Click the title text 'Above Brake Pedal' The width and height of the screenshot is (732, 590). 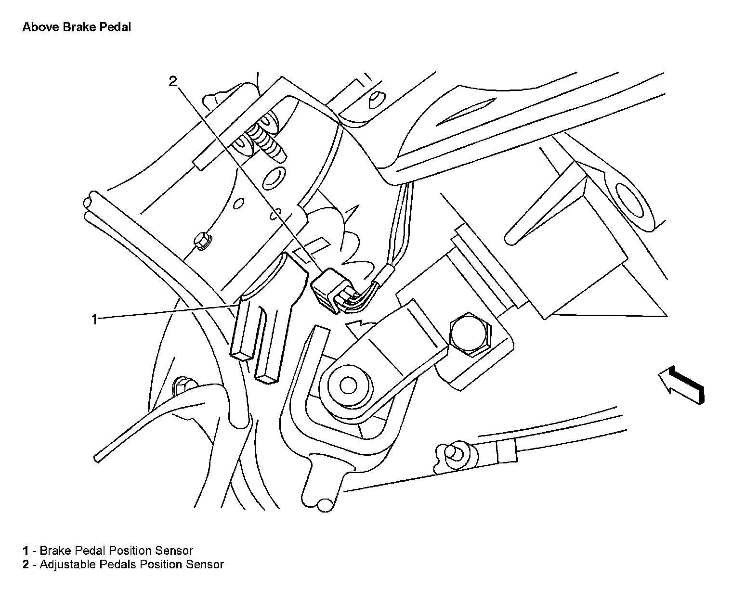tap(77, 27)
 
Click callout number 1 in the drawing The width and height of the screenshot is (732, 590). tap(95, 319)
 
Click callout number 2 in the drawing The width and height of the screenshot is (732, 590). tap(173, 81)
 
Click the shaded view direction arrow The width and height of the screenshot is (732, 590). tap(682, 384)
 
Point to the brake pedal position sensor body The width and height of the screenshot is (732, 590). tap(260, 327)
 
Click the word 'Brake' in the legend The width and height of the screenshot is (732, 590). tap(54, 551)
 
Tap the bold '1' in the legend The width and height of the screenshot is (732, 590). tap(26, 551)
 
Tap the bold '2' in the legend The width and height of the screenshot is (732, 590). tap(26, 564)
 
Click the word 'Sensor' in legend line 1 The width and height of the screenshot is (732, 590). tap(174, 551)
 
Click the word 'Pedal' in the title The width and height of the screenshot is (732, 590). tap(115, 27)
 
